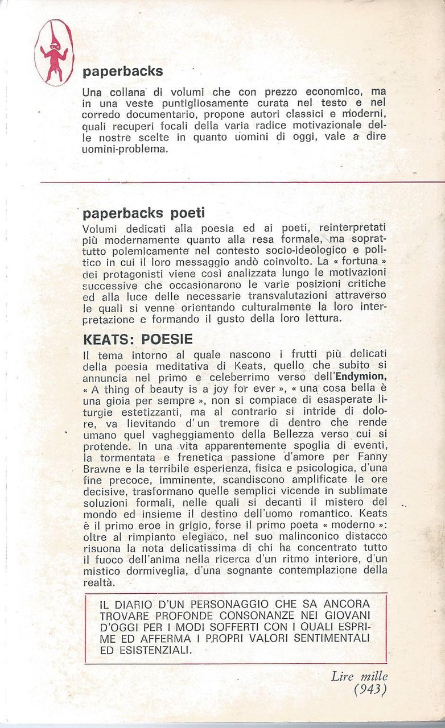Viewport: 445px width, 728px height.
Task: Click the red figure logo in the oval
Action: click(x=54, y=52)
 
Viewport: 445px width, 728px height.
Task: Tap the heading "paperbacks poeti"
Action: click(x=143, y=213)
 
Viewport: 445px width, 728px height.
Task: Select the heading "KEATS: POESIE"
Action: click(x=138, y=339)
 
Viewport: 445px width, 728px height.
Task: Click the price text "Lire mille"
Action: click(x=359, y=676)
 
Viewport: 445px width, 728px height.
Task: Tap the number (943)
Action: click(x=370, y=689)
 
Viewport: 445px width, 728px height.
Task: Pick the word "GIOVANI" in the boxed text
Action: click(x=345, y=615)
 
